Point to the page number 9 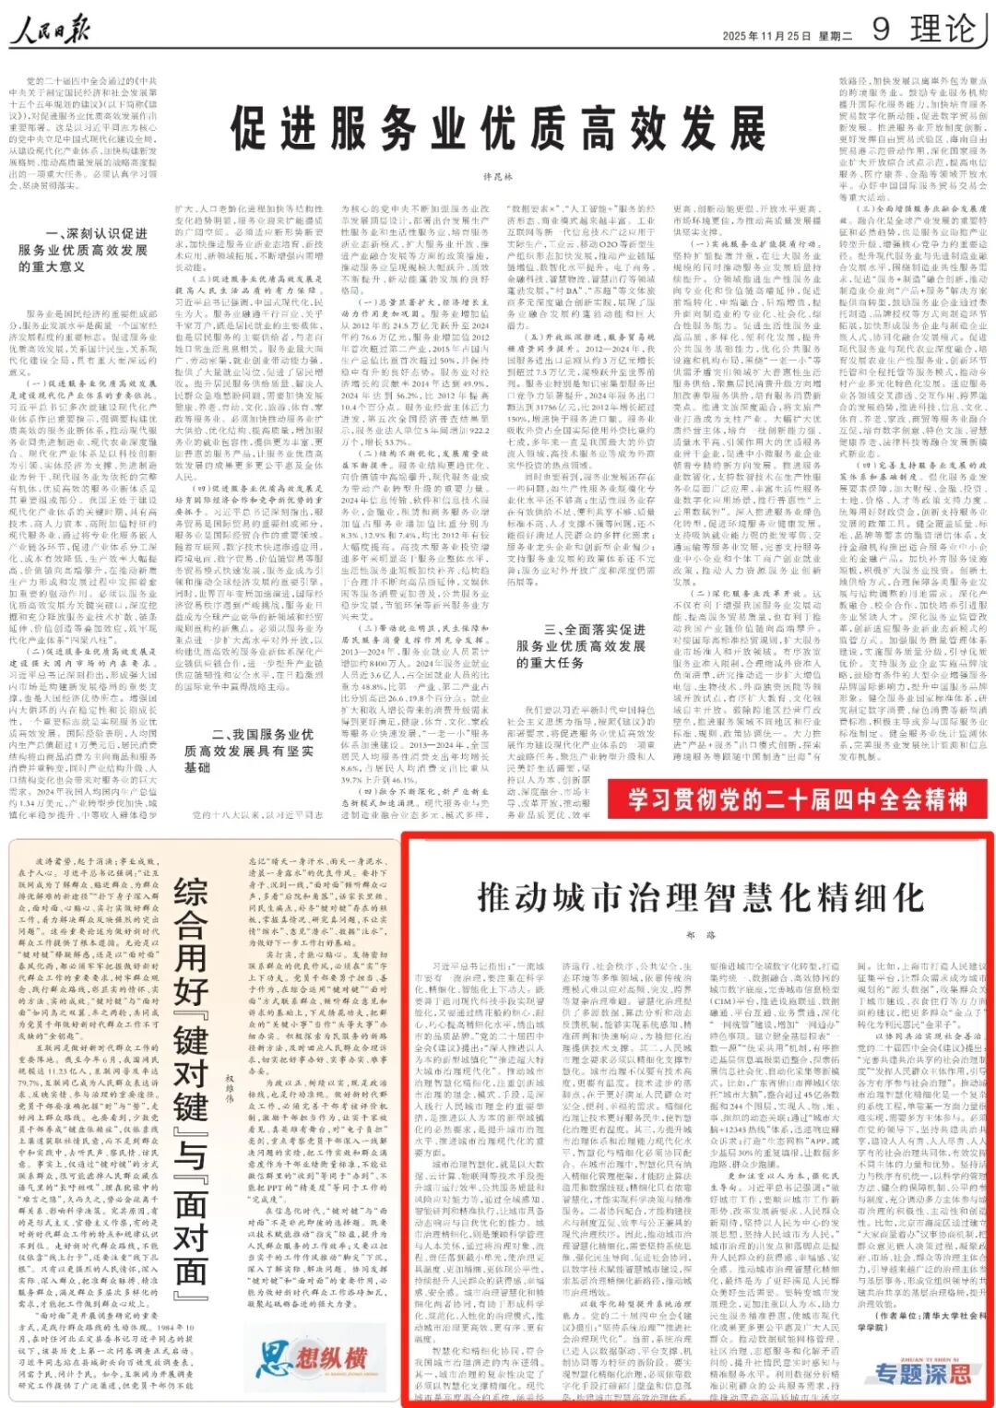(x=881, y=30)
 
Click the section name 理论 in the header (x=942, y=30)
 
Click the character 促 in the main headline (x=251, y=128)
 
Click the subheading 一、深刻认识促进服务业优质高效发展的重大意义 (x=83, y=250)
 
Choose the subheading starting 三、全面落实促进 (x=581, y=645)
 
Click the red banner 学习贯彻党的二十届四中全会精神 (x=797, y=799)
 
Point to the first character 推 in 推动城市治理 (x=496, y=896)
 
